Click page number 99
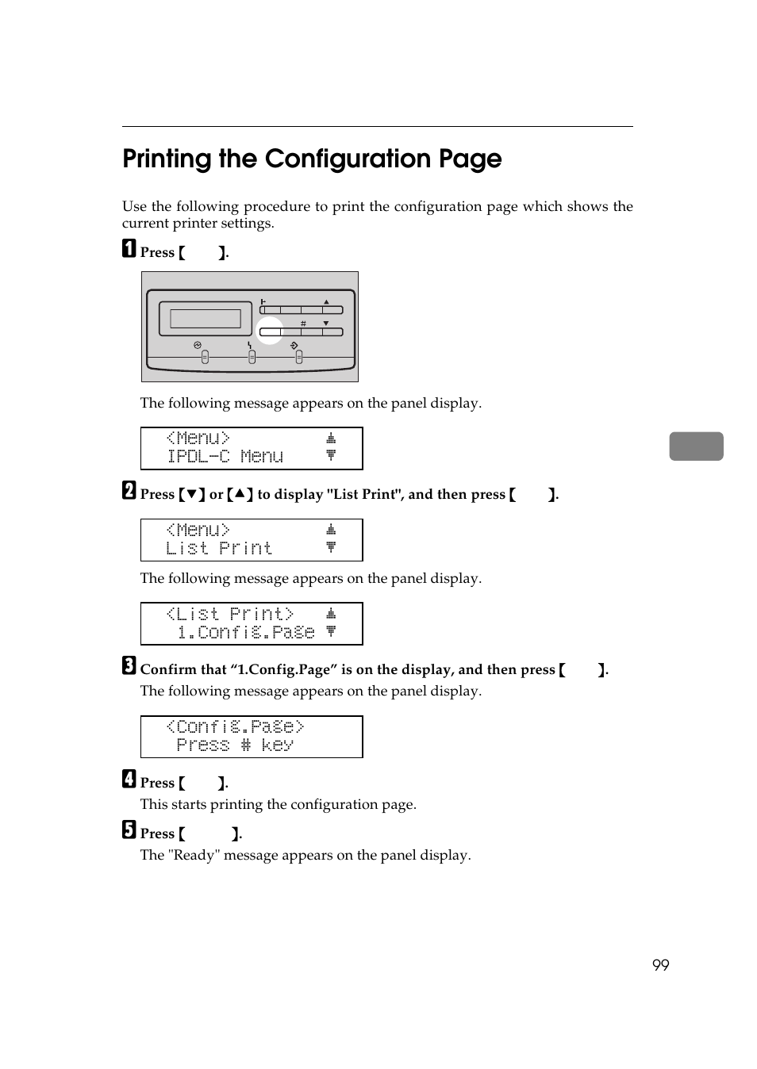click(660, 965)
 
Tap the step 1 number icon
click(129, 249)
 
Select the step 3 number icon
click(129, 666)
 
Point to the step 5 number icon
click(129, 830)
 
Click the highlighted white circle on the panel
click(270, 330)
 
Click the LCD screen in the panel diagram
click(206, 319)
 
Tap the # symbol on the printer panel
click(303, 324)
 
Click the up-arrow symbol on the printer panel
click(326, 301)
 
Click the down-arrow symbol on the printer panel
click(326, 324)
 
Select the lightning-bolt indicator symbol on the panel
click(250, 346)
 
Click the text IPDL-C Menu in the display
click(225, 457)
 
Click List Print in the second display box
click(219, 549)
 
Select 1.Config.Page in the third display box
click(246, 633)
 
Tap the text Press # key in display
click(235, 745)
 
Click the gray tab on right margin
click(696, 446)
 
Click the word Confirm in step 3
click(168, 670)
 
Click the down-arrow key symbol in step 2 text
click(191, 495)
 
